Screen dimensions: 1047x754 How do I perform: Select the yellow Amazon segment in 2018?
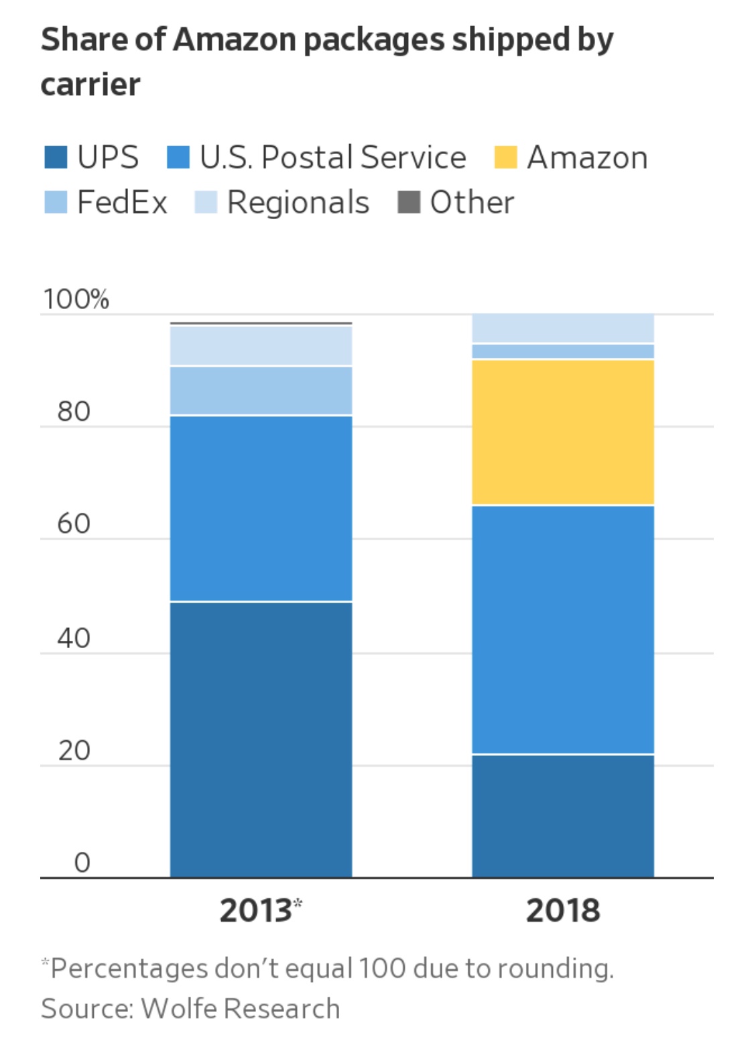(563, 432)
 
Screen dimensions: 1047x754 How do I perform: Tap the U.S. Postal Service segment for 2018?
(563, 629)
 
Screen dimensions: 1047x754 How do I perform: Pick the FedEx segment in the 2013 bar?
(261, 391)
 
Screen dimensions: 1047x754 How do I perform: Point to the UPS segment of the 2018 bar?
(563, 815)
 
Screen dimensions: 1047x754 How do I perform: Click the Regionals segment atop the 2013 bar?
(261, 346)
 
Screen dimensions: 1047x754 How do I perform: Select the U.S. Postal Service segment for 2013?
(261, 509)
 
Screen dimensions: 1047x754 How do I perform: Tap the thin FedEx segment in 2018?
(563, 351)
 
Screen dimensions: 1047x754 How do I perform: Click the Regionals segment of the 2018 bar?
(563, 328)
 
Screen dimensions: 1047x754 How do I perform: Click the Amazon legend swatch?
(505, 158)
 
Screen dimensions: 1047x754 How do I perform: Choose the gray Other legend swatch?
(408, 202)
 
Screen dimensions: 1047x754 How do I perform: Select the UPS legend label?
(108, 158)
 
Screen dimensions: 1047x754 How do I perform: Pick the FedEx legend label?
(122, 202)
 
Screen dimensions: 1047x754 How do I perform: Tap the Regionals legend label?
(298, 202)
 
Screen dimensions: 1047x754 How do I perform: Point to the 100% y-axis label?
(76, 299)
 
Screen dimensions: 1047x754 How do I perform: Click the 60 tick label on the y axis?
(74, 523)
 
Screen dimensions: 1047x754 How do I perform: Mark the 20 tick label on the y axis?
(74, 751)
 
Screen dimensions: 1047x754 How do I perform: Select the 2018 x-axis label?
(563, 911)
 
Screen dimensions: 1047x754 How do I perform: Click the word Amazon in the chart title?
(235, 40)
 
